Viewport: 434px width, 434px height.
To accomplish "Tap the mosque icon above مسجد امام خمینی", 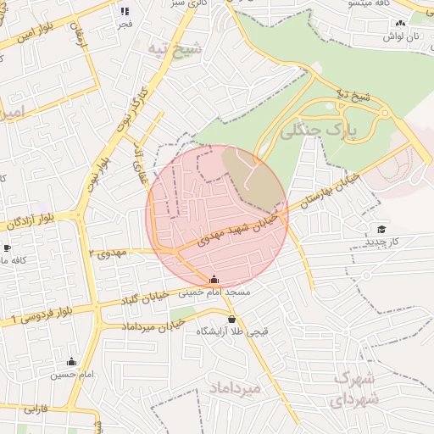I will pos(214,280).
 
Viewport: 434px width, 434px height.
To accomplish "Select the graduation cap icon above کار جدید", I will pos(381,230).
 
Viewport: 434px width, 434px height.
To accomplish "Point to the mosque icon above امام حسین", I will pos(71,362).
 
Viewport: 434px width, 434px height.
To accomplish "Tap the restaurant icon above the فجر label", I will pos(125,12).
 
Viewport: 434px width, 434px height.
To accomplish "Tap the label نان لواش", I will pos(401,37).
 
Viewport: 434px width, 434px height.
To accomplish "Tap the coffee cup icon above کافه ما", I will pos(7,248).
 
